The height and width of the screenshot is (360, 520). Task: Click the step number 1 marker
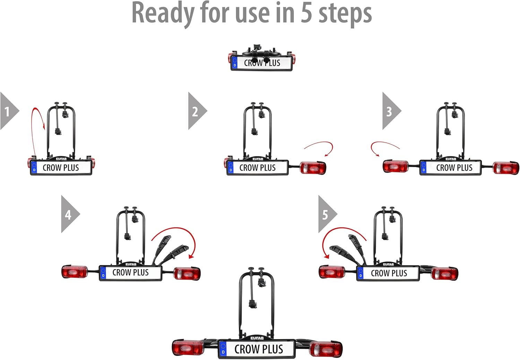coord(7,111)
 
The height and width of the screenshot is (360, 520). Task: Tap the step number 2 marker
coord(195,111)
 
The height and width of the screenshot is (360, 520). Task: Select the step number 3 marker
coord(389,111)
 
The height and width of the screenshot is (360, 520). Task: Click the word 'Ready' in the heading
coord(163,13)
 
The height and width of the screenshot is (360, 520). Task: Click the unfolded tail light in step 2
coord(313,168)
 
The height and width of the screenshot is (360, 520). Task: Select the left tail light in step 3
coord(396,166)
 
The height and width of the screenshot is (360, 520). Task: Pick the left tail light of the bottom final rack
coord(188,348)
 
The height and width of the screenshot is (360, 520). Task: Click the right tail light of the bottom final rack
coord(326,349)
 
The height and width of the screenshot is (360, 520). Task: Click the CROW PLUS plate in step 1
coord(61,168)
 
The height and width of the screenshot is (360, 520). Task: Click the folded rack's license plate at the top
coord(261,63)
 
